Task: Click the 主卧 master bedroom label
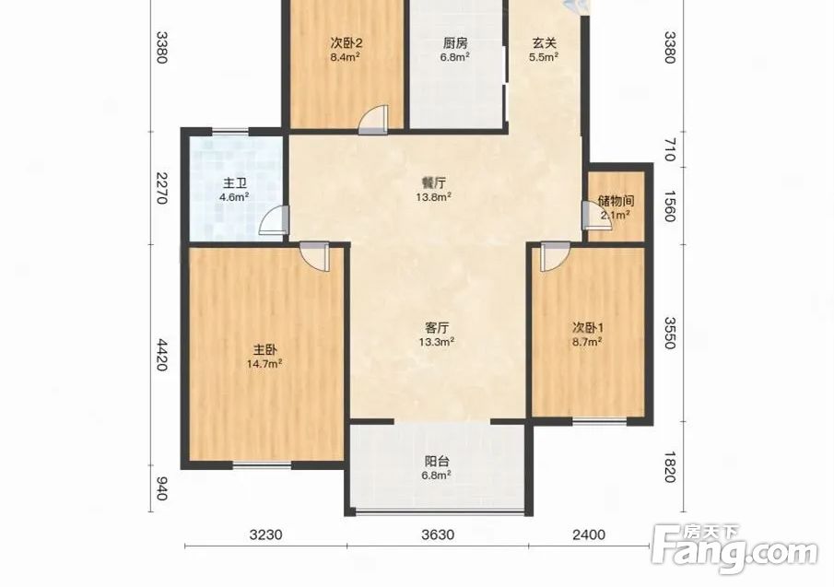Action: (x=264, y=350)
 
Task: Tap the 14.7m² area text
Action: (x=264, y=364)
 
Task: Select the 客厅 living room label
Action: (x=437, y=327)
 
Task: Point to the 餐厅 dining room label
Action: (x=434, y=182)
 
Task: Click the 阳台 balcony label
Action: (x=437, y=461)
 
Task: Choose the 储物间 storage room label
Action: (x=616, y=201)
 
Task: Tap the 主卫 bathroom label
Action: (x=235, y=184)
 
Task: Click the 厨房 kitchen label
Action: (x=454, y=42)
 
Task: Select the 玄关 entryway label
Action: (x=544, y=42)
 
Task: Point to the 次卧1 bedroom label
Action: (x=587, y=327)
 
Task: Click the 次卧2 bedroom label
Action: (x=347, y=42)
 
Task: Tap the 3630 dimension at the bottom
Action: (x=438, y=534)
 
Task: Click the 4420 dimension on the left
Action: (x=162, y=356)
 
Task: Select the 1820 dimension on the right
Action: (x=670, y=467)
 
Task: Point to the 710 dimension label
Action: (x=670, y=150)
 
